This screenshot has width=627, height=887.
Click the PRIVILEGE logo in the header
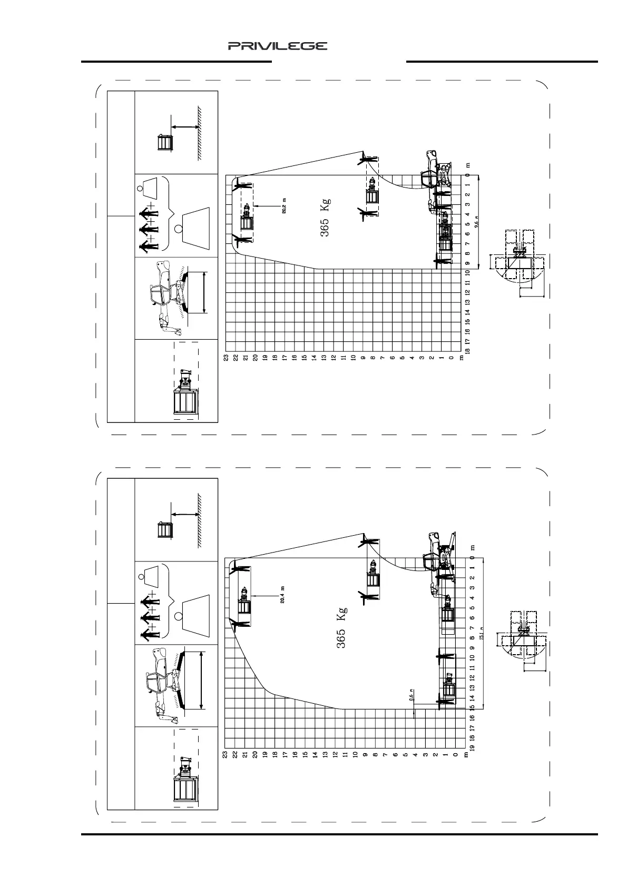click(x=278, y=46)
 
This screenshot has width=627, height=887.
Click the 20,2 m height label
click(x=284, y=205)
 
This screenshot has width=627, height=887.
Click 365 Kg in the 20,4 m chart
click(x=341, y=627)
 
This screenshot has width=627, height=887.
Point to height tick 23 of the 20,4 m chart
click(x=225, y=755)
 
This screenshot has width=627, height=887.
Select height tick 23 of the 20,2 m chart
click(x=226, y=358)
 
